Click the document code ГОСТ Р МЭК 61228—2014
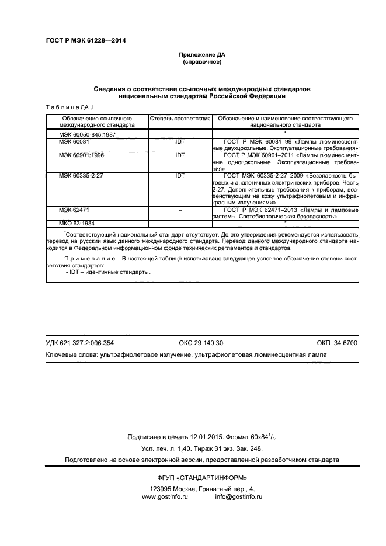click(85, 41)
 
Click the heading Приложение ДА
click(202, 55)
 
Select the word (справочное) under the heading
click(202, 62)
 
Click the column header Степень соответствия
click(180, 118)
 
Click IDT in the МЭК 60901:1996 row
click(180, 156)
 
